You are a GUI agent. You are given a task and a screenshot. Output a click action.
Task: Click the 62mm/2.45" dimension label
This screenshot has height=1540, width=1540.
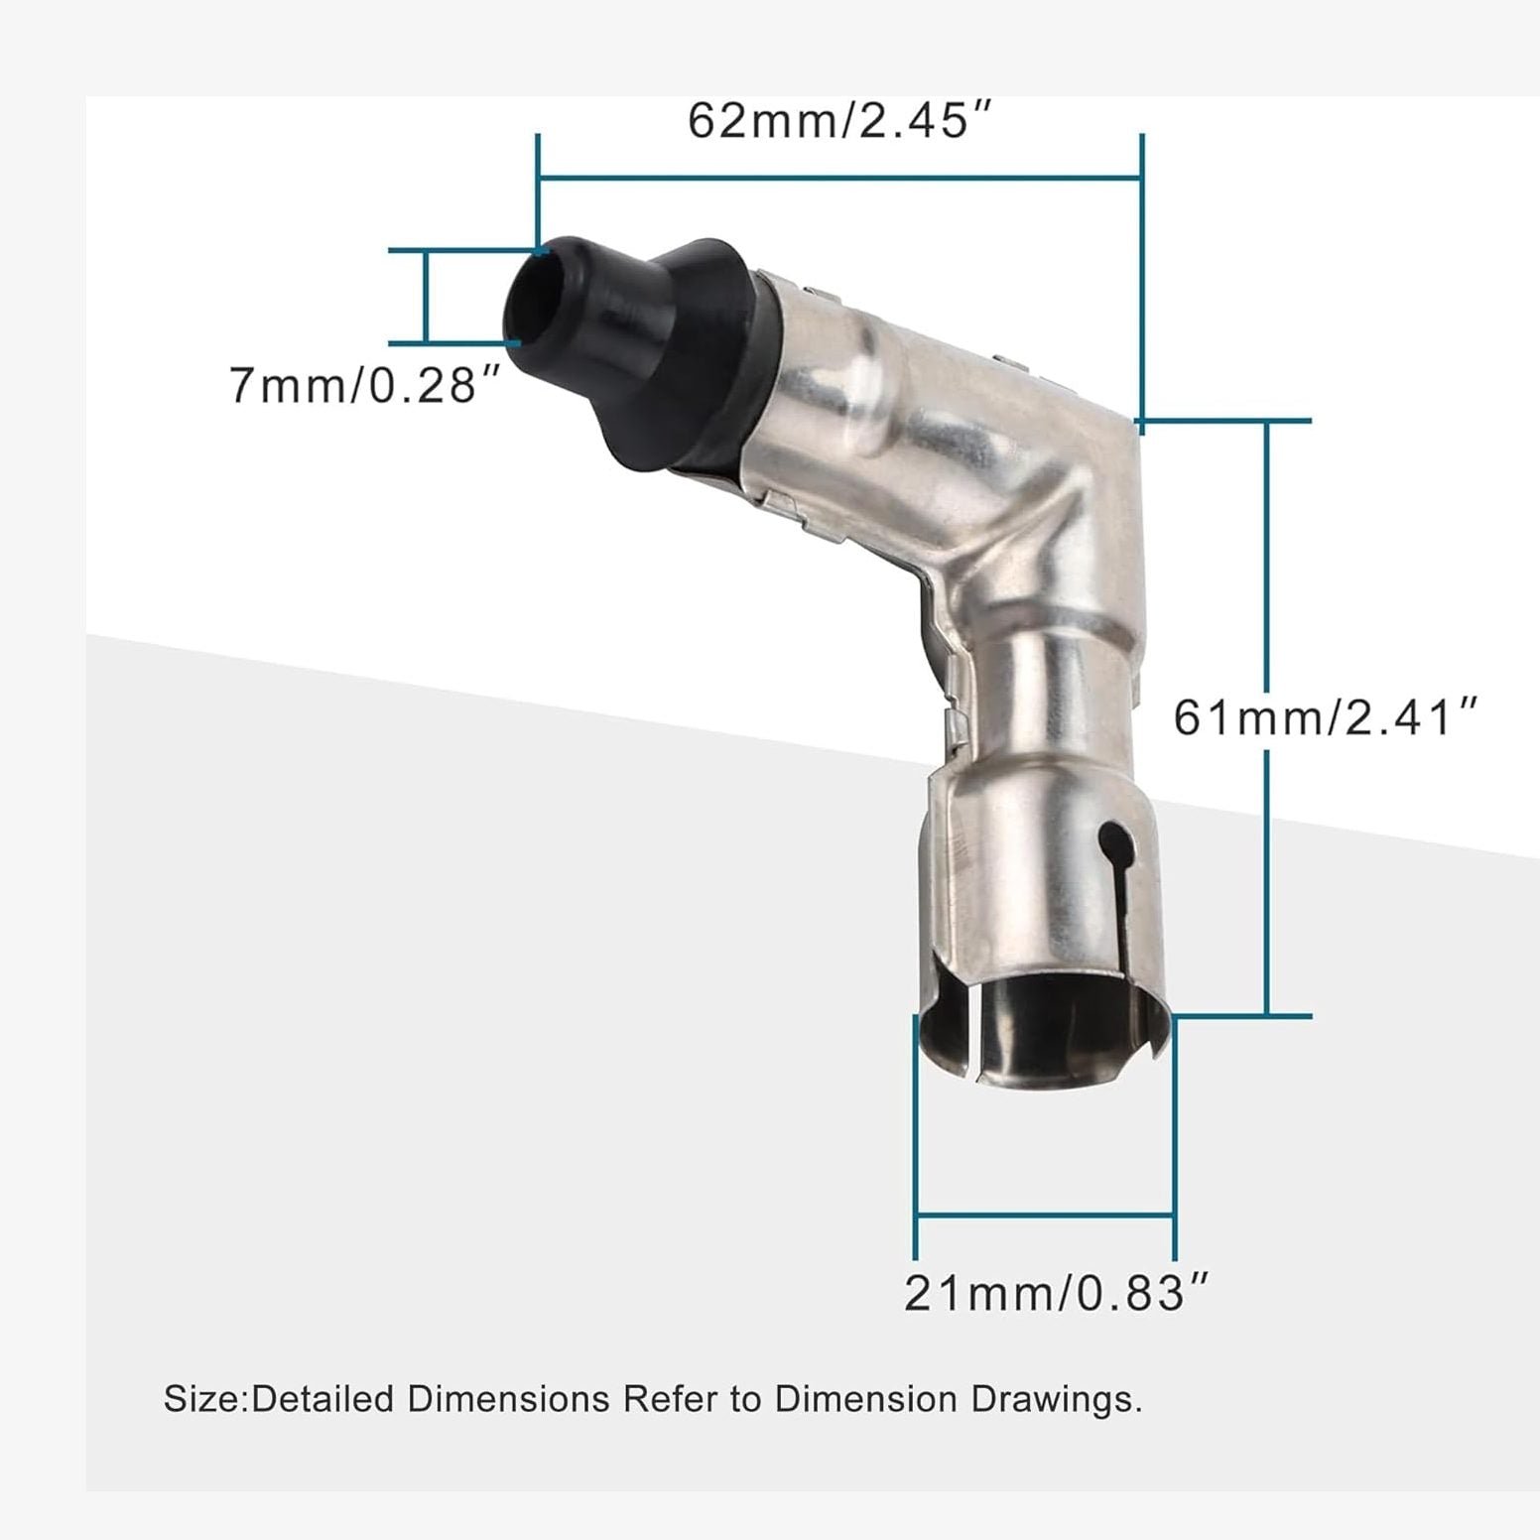click(x=840, y=121)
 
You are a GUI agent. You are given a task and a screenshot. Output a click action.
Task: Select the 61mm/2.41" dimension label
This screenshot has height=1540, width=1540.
click(x=1327, y=716)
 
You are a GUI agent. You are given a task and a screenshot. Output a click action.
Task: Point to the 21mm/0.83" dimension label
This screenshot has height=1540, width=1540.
click(x=1058, y=1293)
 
